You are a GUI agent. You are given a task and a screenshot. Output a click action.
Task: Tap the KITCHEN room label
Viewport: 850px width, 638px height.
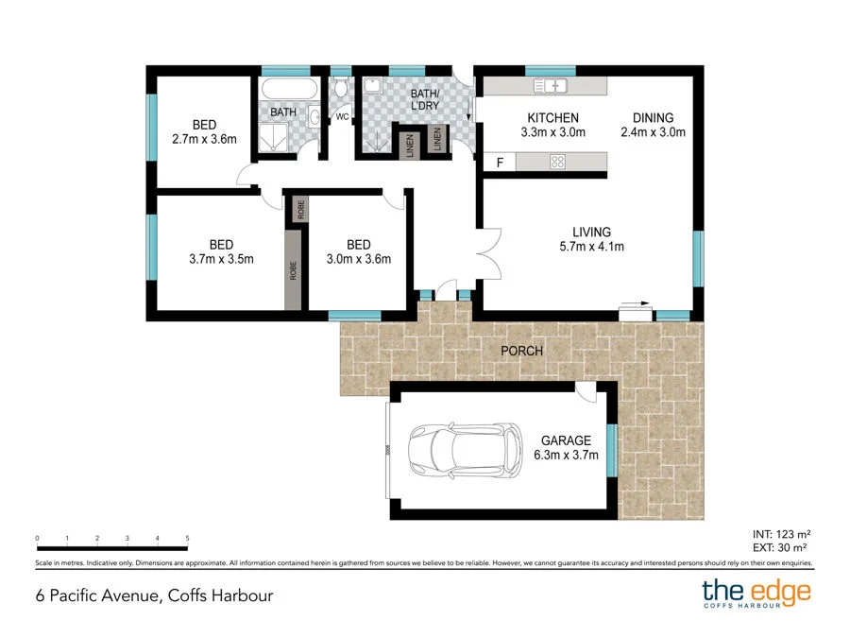point(552,125)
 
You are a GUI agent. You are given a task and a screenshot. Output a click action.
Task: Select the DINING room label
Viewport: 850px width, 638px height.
point(653,125)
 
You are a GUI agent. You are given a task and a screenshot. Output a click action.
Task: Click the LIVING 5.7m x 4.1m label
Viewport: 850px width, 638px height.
point(591,239)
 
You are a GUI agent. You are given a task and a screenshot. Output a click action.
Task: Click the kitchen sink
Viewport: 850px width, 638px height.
point(551,87)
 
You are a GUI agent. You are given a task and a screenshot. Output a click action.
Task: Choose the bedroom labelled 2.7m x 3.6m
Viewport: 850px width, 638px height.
point(204,131)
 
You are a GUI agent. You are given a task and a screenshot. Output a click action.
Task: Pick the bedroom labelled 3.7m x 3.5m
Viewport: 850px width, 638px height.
point(220,250)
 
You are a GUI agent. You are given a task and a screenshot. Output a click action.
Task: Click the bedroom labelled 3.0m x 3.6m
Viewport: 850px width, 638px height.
point(358,250)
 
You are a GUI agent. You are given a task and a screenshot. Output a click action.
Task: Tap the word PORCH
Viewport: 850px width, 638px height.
point(521,351)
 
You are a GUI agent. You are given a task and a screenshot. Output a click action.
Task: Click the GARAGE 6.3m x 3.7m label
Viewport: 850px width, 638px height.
point(566,447)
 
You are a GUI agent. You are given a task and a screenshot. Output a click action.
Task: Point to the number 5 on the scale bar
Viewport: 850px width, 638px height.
point(188,537)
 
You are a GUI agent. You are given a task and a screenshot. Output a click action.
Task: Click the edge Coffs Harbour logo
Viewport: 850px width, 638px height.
point(756,595)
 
